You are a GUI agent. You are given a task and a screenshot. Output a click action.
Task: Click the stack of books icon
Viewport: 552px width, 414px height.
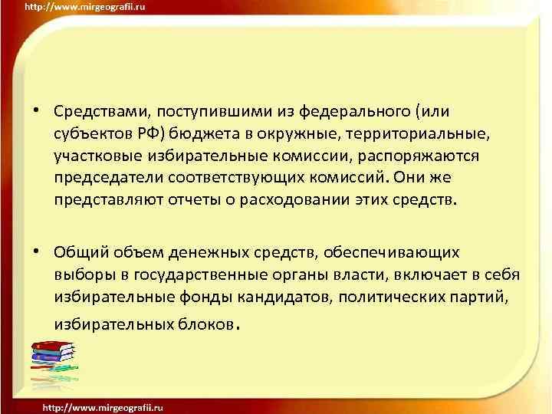52,360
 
